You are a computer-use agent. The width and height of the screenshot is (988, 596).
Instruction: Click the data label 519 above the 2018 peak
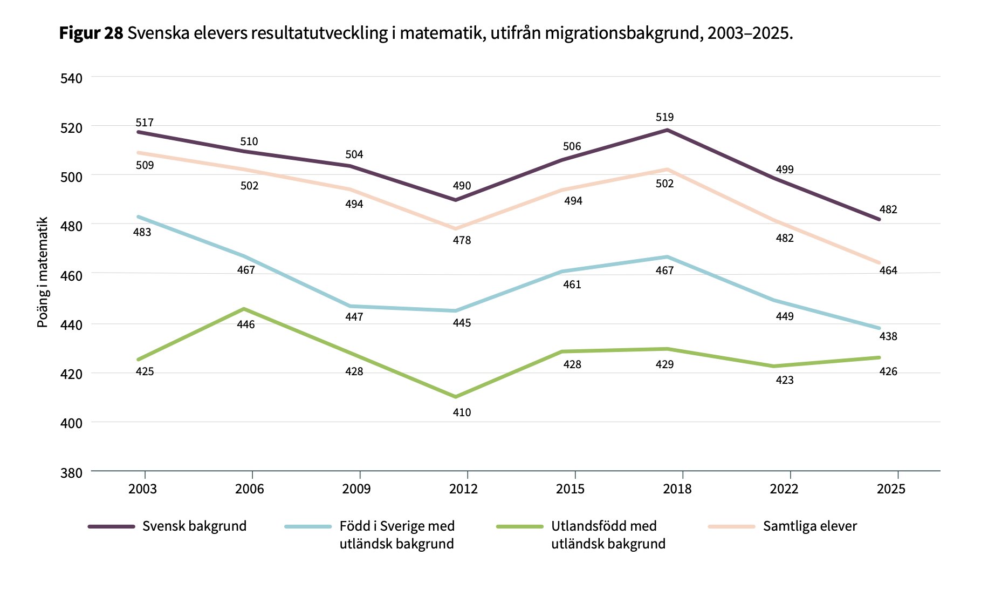coord(664,117)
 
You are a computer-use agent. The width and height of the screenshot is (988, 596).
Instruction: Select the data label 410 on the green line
coord(462,412)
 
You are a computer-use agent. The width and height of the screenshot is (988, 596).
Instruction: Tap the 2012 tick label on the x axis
coord(463,489)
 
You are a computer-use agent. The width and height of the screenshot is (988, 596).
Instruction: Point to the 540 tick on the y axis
coord(71,78)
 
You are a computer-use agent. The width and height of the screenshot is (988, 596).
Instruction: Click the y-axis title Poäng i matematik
coord(43,272)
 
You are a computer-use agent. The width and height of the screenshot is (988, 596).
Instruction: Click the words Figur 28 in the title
coord(91,33)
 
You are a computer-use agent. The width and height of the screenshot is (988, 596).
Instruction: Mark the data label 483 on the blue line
coord(142,232)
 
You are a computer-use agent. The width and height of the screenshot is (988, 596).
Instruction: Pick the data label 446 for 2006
coord(246,324)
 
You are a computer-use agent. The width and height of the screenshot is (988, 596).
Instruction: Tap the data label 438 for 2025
coord(888,336)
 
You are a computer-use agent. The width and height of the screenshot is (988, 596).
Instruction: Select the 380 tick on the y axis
coord(71,473)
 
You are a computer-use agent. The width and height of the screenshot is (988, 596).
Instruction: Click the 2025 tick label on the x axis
coord(891,489)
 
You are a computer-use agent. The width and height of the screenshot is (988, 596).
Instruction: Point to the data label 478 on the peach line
coord(462,240)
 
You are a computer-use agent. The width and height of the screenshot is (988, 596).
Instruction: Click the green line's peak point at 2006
coord(244,309)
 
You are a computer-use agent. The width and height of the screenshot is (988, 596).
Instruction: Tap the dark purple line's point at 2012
coord(456,200)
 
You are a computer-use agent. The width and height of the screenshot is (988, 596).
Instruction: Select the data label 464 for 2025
coord(888,270)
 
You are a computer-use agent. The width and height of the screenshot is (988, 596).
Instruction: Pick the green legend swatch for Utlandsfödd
coord(520,526)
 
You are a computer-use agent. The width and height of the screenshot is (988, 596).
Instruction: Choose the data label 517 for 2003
coord(145,123)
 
